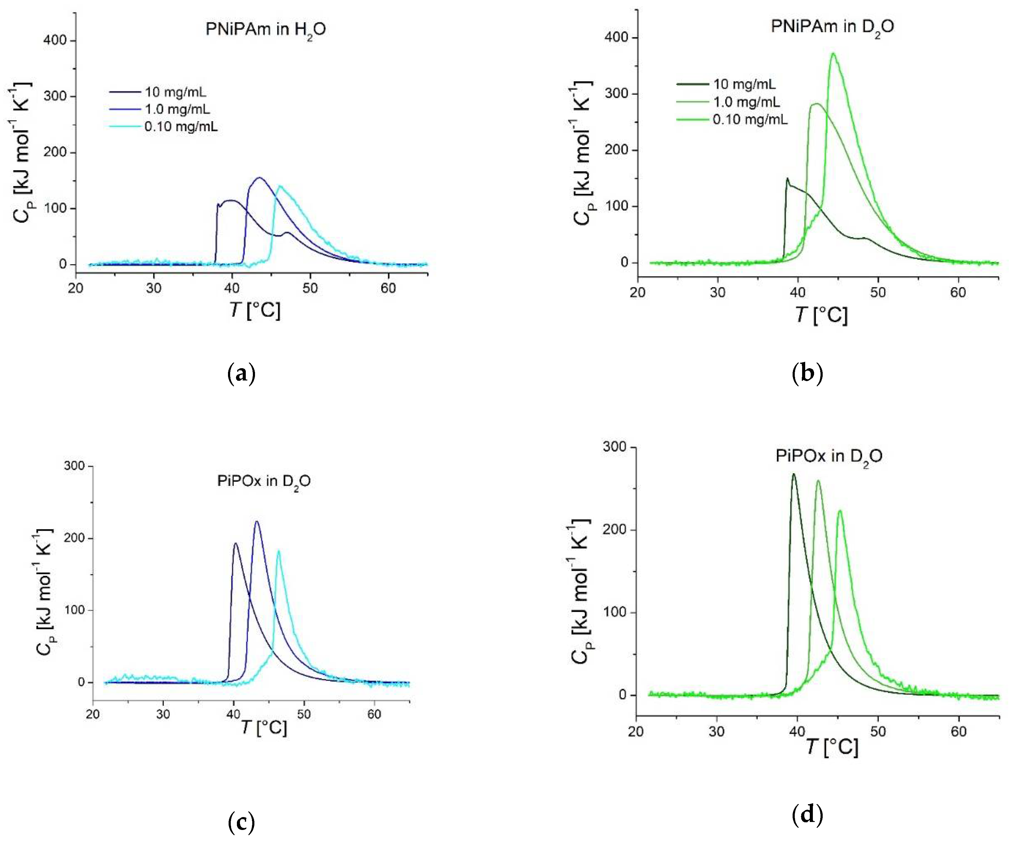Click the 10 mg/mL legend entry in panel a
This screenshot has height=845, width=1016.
175,92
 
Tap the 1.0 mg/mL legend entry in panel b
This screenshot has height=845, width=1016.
746,102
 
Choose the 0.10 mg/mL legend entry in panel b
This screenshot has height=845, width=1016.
750,119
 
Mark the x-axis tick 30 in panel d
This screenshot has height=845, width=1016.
717,731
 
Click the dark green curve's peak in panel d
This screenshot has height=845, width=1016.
794,474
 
